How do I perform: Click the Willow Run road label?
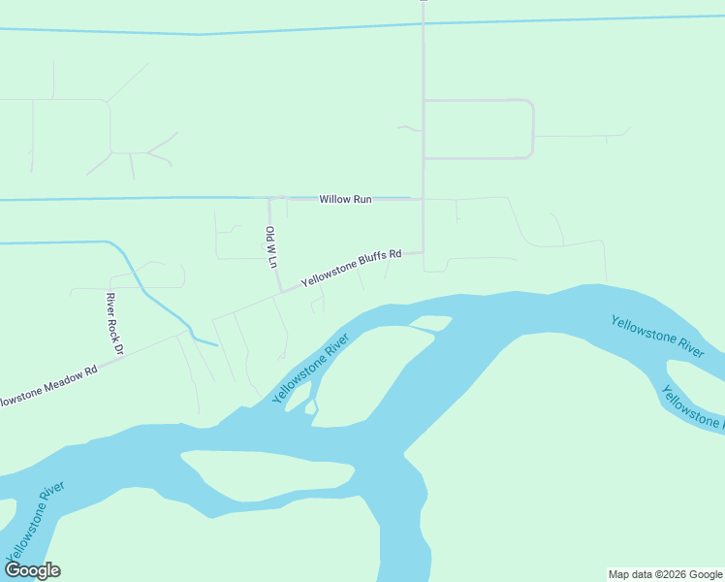point(346,199)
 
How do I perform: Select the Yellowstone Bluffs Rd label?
point(351,269)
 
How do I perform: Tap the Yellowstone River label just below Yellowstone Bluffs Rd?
point(309,370)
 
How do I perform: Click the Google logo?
point(32,570)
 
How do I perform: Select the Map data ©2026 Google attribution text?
point(665,574)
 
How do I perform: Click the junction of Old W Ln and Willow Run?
point(268,199)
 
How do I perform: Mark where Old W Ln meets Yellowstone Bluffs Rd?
point(281,291)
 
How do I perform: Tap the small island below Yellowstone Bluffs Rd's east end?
point(432,323)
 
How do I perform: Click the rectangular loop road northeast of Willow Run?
point(479,129)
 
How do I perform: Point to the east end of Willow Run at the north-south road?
point(423,199)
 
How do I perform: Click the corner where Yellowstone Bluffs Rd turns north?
point(423,252)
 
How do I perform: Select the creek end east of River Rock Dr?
point(215,342)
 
